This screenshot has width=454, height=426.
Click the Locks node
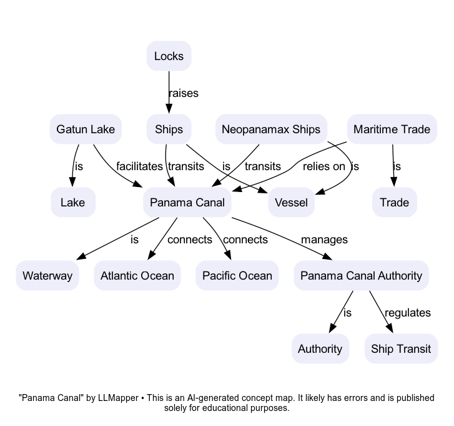[x=169, y=56]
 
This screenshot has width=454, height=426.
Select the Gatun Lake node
[x=86, y=129]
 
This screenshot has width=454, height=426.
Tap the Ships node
[x=169, y=129]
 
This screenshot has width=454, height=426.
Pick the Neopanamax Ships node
[x=271, y=129]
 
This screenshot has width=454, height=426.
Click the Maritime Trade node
[x=392, y=129]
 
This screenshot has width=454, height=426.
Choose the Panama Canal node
[x=187, y=203]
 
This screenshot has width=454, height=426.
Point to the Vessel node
[x=291, y=203]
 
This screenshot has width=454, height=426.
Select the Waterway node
[x=47, y=276]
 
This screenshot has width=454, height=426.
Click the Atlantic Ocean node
[x=137, y=276]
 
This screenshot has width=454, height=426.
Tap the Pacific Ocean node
[x=237, y=276]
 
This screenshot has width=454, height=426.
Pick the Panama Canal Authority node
[x=361, y=276]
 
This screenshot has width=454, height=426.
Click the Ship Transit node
[x=401, y=349]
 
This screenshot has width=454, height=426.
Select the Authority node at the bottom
[x=320, y=349]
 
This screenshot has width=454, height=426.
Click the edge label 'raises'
[x=184, y=93]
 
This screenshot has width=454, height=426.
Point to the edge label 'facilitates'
[x=139, y=166]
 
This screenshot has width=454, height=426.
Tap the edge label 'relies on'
[x=323, y=166]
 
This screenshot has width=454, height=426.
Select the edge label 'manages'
[x=324, y=240]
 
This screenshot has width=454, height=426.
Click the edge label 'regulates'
[x=408, y=313]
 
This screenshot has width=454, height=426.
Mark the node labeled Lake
[x=72, y=203]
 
